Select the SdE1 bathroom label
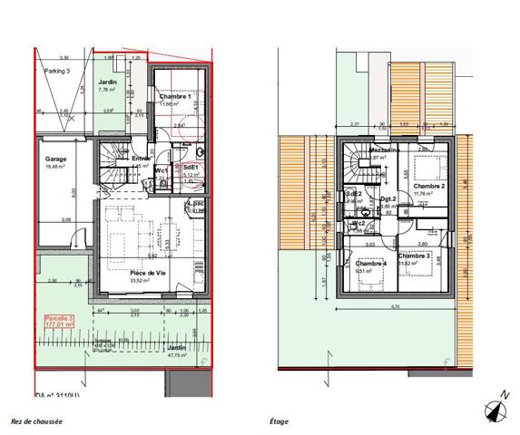coord(191,169)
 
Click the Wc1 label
coord(160,169)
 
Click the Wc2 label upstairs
coord(358,223)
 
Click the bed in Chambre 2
coord(424,168)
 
